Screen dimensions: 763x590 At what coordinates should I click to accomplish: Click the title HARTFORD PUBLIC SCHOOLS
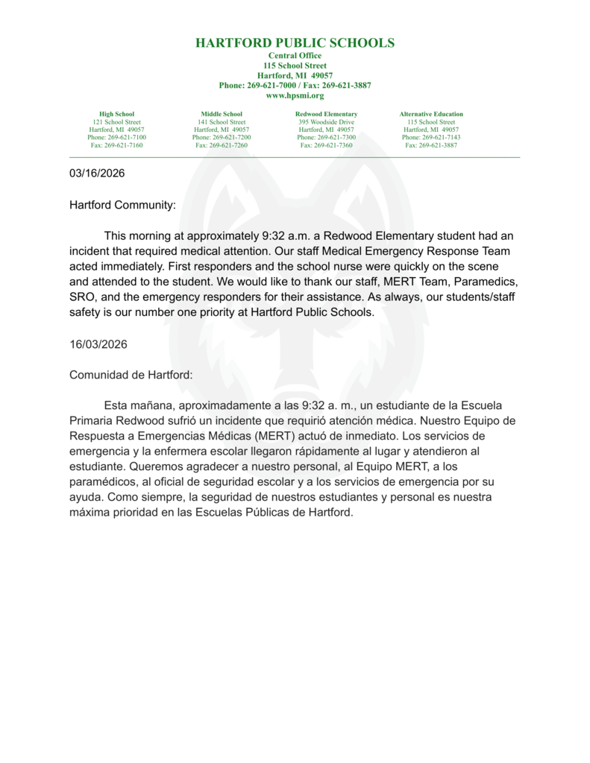(x=295, y=43)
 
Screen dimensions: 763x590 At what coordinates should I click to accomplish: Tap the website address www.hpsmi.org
(x=295, y=95)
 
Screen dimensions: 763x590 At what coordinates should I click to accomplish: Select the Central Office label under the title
(x=295, y=56)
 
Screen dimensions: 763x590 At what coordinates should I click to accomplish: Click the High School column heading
(x=116, y=114)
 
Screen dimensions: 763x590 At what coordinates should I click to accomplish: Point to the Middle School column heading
(x=222, y=114)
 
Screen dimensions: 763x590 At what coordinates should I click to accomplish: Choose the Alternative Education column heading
(x=431, y=114)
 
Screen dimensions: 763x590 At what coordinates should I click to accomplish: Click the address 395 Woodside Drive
(x=326, y=122)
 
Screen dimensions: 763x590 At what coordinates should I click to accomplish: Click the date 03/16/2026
(x=97, y=174)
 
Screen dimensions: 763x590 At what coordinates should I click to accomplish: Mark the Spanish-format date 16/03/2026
(x=98, y=344)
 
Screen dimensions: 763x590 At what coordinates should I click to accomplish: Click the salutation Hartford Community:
(x=122, y=205)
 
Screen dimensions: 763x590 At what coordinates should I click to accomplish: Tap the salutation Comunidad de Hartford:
(x=131, y=375)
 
